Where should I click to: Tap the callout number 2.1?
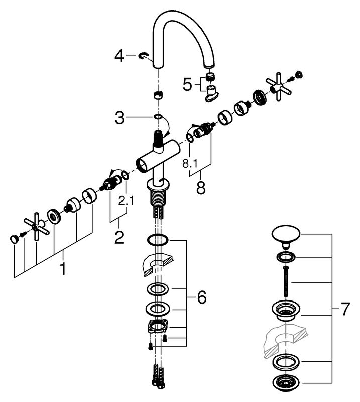[126, 200]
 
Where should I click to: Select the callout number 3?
[119, 118]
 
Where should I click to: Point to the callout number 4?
[119, 56]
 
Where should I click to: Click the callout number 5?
[187, 84]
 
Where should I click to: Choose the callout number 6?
[201, 297]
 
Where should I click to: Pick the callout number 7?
[344, 309]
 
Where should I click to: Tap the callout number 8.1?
[190, 164]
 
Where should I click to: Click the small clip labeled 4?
[144, 55]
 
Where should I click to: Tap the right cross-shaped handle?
[279, 86]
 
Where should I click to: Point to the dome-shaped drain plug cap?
[286, 236]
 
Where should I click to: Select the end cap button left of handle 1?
[14, 239]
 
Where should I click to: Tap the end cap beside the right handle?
[299, 75]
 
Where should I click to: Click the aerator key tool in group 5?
[212, 93]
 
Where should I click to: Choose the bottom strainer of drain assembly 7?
[285, 383]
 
